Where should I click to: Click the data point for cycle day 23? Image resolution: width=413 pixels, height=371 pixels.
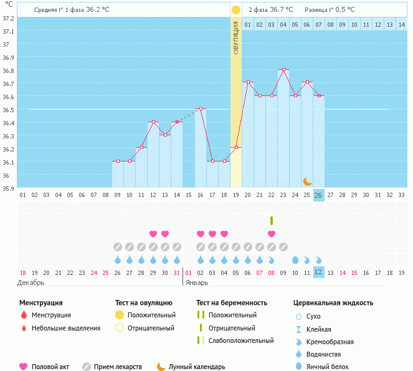click(x=283, y=69)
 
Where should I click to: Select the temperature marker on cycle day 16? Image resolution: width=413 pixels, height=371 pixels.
click(x=201, y=108)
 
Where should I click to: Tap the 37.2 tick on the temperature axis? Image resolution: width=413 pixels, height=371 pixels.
click(x=8, y=18)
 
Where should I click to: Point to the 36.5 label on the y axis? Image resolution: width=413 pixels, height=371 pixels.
click(x=8, y=110)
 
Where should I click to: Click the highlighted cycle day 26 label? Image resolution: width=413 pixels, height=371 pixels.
click(x=318, y=195)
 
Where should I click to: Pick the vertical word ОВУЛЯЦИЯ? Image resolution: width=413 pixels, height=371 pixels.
click(x=236, y=37)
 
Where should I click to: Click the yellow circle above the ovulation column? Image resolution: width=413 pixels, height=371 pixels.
click(x=236, y=10)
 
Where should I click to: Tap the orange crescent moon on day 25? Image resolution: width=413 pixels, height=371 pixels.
click(x=307, y=181)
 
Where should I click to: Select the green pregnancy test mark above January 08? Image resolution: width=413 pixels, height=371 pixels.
click(x=272, y=220)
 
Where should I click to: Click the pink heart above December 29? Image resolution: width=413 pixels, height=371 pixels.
click(x=153, y=234)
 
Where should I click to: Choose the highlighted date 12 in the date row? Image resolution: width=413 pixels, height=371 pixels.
click(x=318, y=272)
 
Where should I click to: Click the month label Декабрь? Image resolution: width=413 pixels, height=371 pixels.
click(x=31, y=282)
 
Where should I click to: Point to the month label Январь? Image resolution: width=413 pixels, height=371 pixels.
click(x=196, y=282)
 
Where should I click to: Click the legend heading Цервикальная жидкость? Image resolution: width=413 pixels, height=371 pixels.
click(x=333, y=302)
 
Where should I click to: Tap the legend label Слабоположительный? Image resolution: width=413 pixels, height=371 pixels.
click(x=242, y=340)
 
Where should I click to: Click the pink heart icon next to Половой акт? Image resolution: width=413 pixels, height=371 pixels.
click(x=24, y=367)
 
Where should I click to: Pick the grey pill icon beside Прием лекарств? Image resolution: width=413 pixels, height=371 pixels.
click(x=87, y=367)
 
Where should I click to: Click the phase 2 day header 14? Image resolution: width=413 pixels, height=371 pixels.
click(x=401, y=25)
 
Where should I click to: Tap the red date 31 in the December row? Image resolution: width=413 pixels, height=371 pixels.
click(x=177, y=272)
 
